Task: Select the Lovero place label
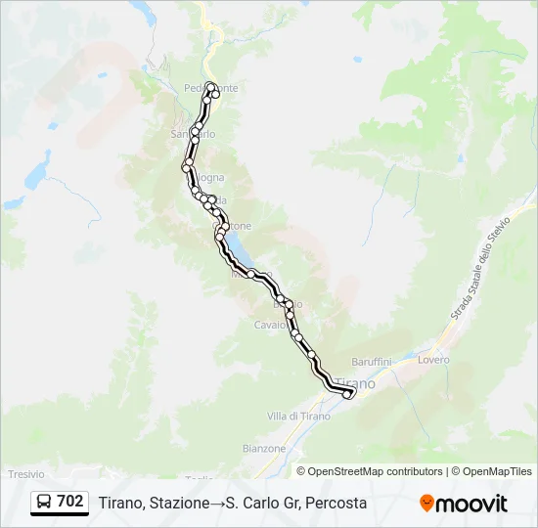click(x=433, y=360)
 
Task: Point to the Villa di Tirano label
click(x=297, y=417)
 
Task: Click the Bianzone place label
click(x=264, y=449)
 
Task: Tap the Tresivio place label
click(x=26, y=473)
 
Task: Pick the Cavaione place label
click(x=270, y=325)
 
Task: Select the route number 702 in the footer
click(x=69, y=502)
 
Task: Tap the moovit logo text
click(x=471, y=504)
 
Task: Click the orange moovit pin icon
click(x=426, y=503)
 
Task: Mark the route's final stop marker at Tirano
click(x=347, y=394)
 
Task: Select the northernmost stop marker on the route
click(x=210, y=85)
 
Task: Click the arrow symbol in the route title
click(x=217, y=503)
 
